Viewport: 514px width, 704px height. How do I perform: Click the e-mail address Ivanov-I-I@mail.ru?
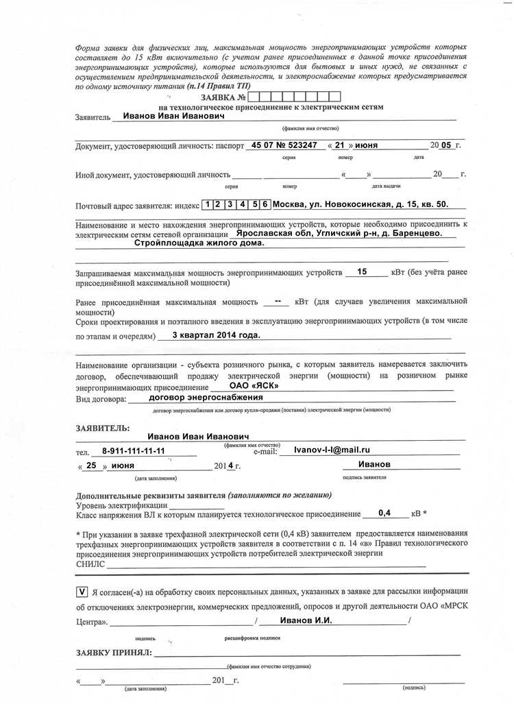click(x=332, y=450)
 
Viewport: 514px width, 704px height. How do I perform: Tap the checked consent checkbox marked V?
click(x=82, y=591)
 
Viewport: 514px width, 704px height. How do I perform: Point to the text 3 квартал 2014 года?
click(x=216, y=336)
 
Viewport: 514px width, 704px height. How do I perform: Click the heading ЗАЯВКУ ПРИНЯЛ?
click(x=114, y=653)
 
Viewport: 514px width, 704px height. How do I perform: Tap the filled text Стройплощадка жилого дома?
click(x=199, y=243)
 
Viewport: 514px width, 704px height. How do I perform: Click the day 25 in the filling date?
click(x=92, y=465)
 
